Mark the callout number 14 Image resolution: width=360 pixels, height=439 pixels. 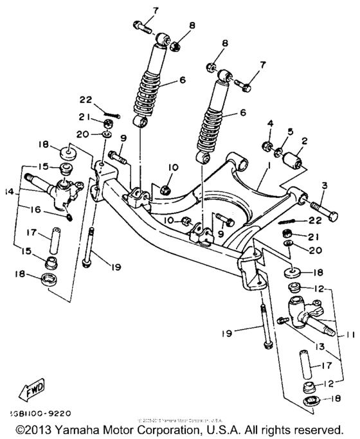pyautogui.click(x=8, y=191)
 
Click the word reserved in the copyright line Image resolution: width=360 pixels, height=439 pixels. pyautogui.click(x=327, y=429)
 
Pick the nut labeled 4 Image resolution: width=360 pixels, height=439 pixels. pyautogui.click(x=265, y=145)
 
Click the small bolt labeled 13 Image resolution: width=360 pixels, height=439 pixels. pyautogui.click(x=282, y=320)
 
